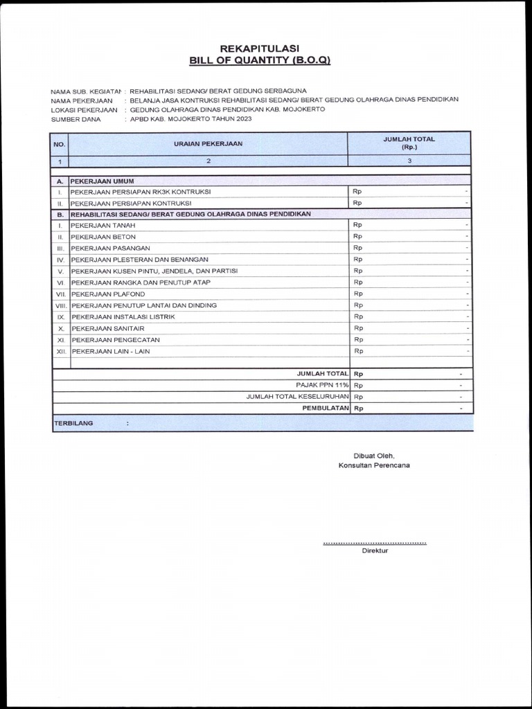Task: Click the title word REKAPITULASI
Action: (259, 48)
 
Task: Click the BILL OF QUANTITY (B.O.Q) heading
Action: (260, 60)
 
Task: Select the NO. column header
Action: (60, 144)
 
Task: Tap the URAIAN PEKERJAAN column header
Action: (208, 144)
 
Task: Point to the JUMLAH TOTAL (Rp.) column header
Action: (409, 143)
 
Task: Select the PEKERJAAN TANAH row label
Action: (103, 226)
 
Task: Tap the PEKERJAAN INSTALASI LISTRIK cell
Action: (123, 316)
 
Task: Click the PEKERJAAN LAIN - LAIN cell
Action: (111, 351)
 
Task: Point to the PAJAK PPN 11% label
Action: (323, 385)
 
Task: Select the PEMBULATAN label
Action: (325, 409)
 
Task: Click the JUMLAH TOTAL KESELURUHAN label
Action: (297, 397)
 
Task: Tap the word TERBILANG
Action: (73, 422)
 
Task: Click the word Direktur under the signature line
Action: (375, 550)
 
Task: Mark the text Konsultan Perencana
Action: (373, 465)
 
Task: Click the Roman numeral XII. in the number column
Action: (61, 351)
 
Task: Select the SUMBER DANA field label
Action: (76, 119)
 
